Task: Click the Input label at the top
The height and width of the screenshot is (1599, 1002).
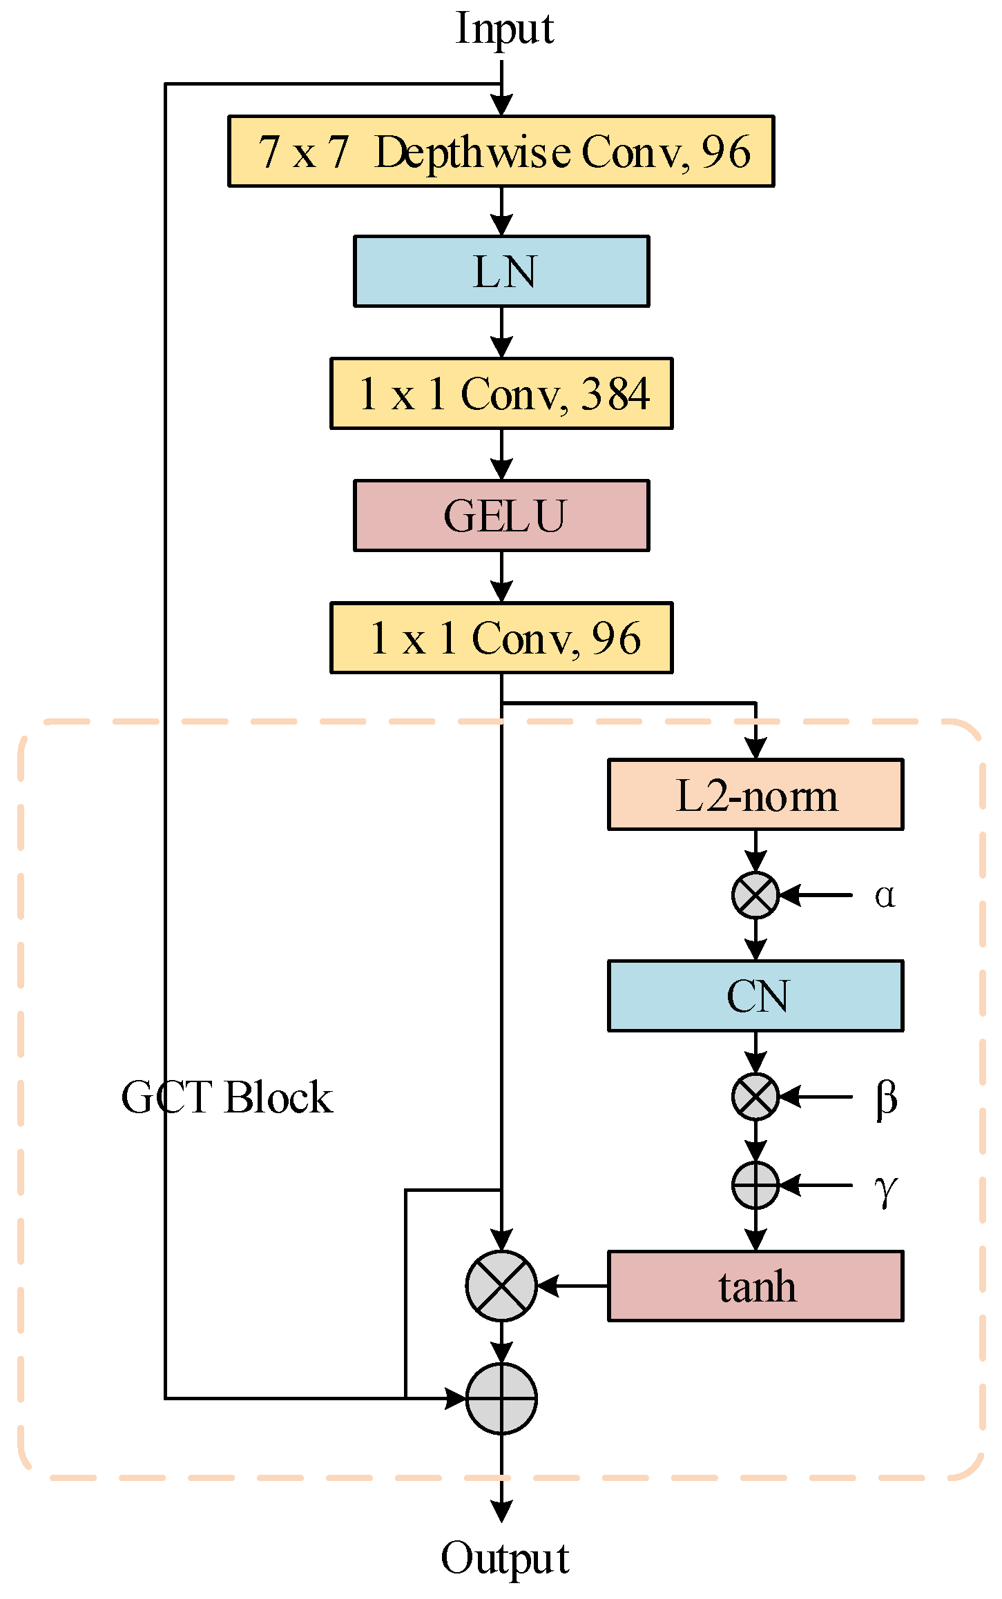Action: [x=504, y=29]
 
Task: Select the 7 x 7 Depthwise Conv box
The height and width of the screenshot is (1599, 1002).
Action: [x=501, y=151]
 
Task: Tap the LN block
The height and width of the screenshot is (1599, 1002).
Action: [x=501, y=271]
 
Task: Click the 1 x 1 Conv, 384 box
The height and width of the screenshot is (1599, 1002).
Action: [x=501, y=393]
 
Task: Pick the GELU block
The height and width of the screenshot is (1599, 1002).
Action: [x=501, y=516]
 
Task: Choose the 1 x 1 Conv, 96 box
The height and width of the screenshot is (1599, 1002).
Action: [x=501, y=638]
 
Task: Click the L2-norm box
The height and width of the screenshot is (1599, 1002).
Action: [x=755, y=794]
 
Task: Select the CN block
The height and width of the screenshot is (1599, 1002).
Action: [x=755, y=995]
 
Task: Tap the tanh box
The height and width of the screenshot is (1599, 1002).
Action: [x=755, y=1286]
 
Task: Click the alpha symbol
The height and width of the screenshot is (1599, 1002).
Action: [x=885, y=895]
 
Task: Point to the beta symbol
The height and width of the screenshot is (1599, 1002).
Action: [x=885, y=1097]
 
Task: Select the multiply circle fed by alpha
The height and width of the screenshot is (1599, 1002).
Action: [x=755, y=895]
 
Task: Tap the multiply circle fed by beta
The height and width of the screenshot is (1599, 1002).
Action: [x=755, y=1097]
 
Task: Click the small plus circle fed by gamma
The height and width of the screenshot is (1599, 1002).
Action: [x=755, y=1186]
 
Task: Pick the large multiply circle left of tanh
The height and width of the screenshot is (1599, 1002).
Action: [x=501, y=1286]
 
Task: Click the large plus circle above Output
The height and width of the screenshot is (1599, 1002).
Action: [x=501, y=1399]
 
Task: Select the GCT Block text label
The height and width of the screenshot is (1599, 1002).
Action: [x=227, y=1097]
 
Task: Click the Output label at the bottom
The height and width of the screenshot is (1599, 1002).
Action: [x=504, y=1559]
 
